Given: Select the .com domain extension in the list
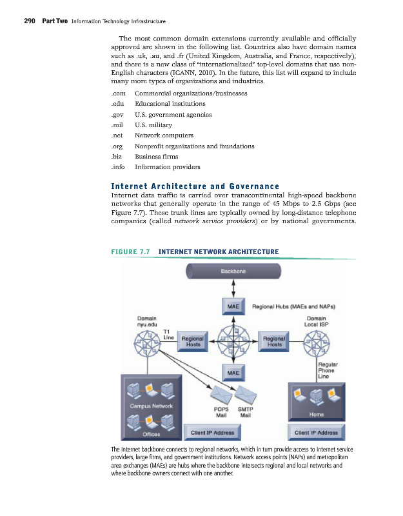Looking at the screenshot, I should click(118, 93).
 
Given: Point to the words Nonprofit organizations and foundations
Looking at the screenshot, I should click(194, 146).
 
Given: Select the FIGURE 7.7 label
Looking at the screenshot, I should click(131, 251).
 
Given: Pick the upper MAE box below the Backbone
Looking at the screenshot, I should click(233, 307).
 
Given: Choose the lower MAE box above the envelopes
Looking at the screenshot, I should click(233, 372).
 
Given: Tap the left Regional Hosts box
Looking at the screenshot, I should click(193, 341).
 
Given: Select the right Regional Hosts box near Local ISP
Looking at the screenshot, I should click(275, 341).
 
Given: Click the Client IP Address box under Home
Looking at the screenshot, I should click(316, 432).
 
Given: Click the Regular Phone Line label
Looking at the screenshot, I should click(328, 372).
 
